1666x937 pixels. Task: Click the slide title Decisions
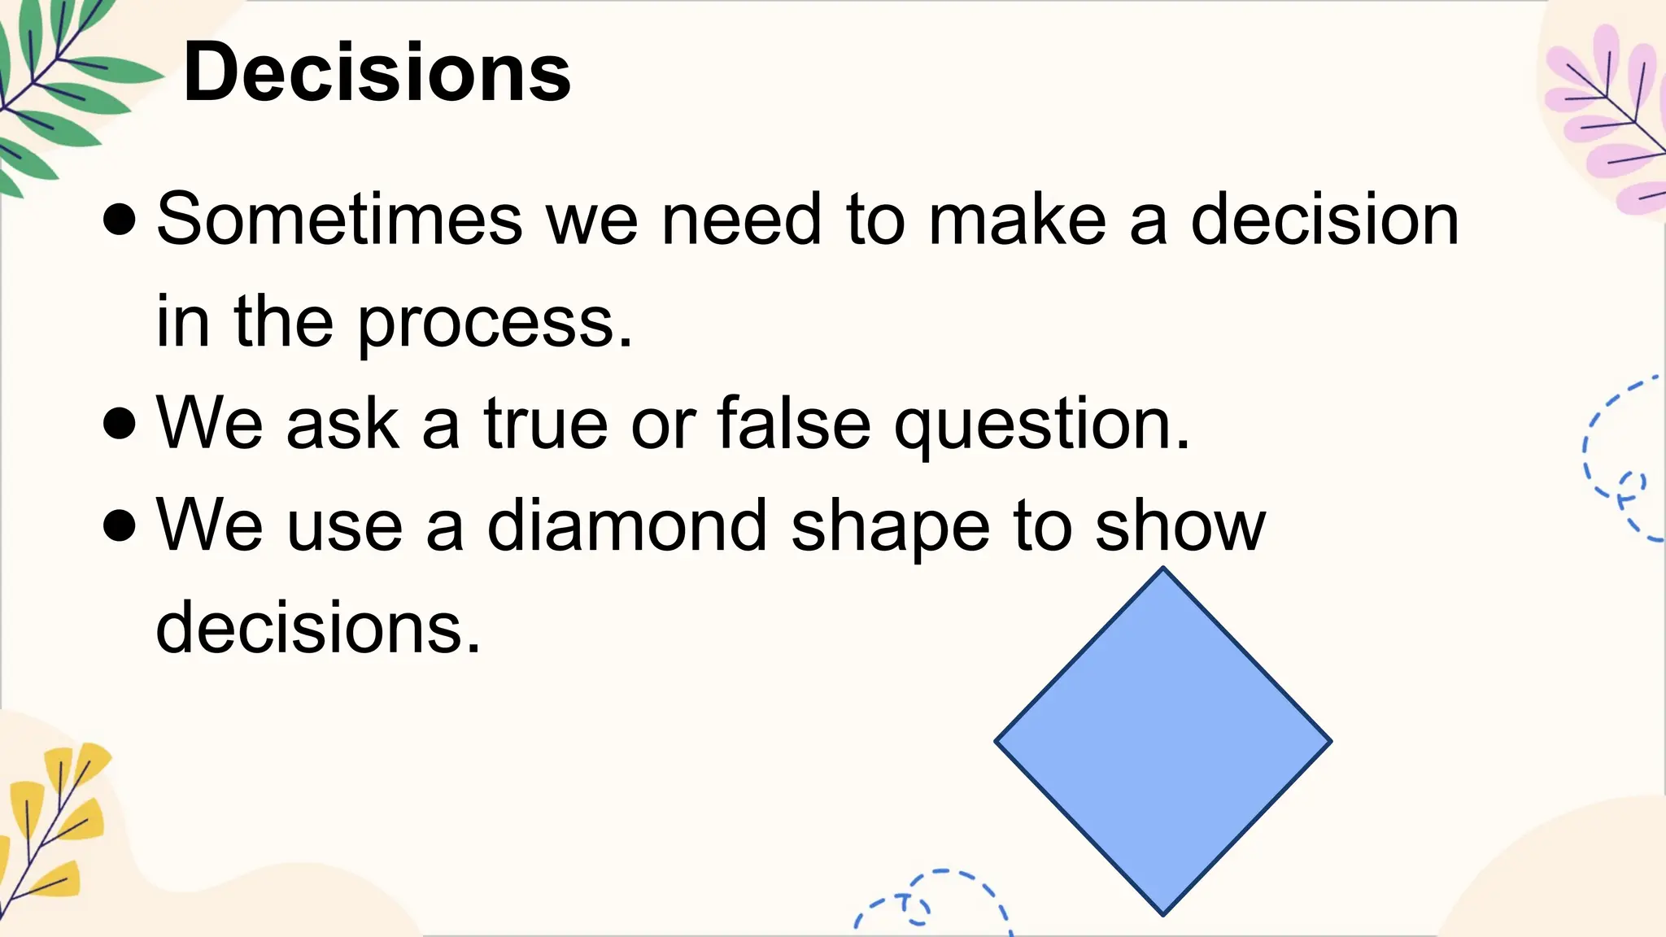[x=377, y=73]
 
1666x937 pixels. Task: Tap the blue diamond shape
[x=1162, y=741]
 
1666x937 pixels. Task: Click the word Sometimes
[x=339, y=219]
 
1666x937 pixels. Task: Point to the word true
[x=545, y=423]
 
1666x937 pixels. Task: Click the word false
[x=793, y=423]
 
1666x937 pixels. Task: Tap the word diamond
[x=626, y=525]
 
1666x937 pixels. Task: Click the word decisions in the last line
[x=318, y=628]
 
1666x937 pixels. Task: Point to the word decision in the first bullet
[x=1324, y=219]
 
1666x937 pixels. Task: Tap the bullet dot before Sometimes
[x=120, y=220]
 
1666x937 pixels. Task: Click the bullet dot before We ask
[x=120, y=424]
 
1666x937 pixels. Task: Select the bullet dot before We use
[x=120, y=525]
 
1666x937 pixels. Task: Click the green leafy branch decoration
[x=57, y=89]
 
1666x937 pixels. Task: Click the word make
[x=1017, y=219]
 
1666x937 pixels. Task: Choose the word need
[x=741, y=219]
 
